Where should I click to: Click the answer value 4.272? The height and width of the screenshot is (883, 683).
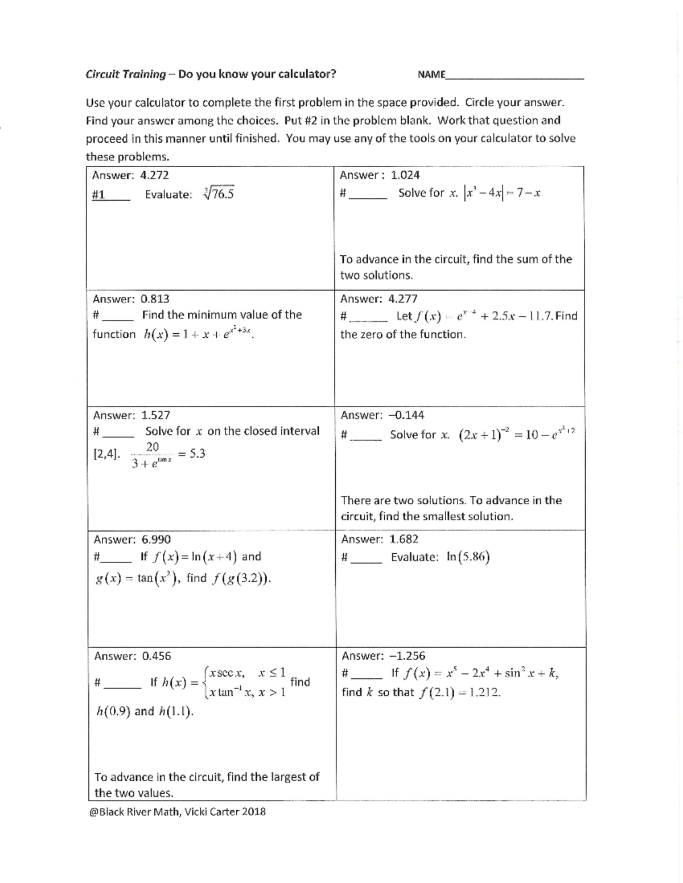[154, 175]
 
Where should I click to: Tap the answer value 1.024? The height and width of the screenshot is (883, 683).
[405, 175]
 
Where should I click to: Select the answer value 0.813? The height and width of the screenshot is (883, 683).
[155, 299]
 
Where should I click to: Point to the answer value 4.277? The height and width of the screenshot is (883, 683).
[403, 299]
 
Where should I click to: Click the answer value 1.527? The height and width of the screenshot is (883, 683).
[155, 415]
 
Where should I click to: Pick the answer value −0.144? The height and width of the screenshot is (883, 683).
[406, 415]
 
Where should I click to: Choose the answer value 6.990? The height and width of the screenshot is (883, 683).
[156, 539]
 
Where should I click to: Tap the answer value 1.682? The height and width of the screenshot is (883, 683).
[404, 539]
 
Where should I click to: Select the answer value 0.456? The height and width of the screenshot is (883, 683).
[157, 656]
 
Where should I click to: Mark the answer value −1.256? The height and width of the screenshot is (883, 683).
[407, 656]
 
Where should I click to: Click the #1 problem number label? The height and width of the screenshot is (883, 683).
[98, 194]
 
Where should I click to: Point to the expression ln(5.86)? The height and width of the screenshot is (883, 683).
[468, 557]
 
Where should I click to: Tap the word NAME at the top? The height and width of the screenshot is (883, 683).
[431, 74]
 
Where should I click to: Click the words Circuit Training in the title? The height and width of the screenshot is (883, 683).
[125, 74]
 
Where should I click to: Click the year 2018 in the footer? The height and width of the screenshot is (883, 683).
[253, 811]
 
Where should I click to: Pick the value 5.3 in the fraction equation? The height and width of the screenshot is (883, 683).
[196, 453]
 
